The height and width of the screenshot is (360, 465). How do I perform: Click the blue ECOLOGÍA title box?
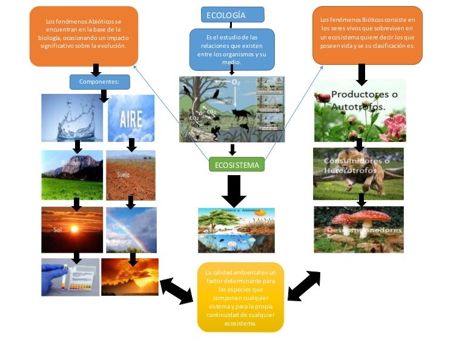[x=232, y=15]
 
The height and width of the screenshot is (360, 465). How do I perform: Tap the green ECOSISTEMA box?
[x=237, y=164]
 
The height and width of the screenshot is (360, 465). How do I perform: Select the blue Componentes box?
[x=99, y=81]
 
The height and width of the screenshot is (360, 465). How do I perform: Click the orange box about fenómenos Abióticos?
[x=84, y=36]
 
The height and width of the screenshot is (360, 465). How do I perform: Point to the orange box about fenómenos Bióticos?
[x=368, y=35]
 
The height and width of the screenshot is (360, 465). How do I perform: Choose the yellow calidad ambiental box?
[x=240, y=297]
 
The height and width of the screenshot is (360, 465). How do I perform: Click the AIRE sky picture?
[x=131, y=118]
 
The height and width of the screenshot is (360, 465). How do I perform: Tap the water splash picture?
[x=72, y=118]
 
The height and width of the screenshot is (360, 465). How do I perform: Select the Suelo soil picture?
[x=131, y=175]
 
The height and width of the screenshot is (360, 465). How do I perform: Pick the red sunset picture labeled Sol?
[x=72, y=230]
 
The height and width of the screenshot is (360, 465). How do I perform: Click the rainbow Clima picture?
[x=131, y=230]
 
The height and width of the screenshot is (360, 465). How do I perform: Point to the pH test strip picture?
[x=70, y=277]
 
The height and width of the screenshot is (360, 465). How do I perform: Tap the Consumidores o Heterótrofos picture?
[x=358, y=174]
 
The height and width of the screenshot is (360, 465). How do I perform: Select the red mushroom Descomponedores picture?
[x=358, y=230]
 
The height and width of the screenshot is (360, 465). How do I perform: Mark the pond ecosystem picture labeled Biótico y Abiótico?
[x=236, y=230]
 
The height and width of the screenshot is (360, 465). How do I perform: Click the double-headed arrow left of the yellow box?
[x=177, y=290]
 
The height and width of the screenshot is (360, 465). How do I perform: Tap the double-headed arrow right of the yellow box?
[x=304, y=286]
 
